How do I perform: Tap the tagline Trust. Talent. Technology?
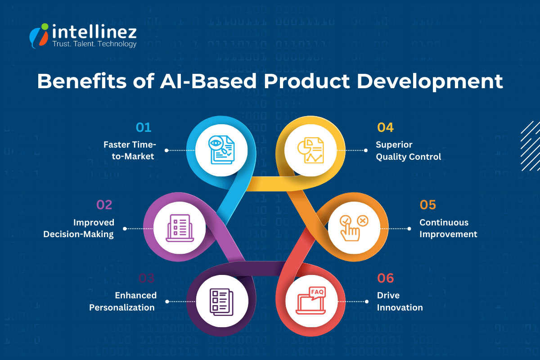pyautogui.click(x=94, y=44)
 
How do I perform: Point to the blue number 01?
pyautogui.click(x=144, y=127)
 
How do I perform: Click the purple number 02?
pyautogui.click(x=104, y=205)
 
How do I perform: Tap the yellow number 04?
pyautogui.click(x=385, y=127)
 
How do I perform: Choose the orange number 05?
pyautogui.click(x=428, y=205)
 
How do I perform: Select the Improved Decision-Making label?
pyautogui.click(x=79, y=228)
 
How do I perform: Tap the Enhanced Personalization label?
pyautogui.click(x=122, y=301)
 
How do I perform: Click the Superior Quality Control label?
pyautogui.click(x=408, y=151)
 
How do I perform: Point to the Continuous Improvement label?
pyautogui.click(x=448, y=228)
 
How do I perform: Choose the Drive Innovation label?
pyautogui.click(x=400, y=301)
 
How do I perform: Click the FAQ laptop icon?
pyautogui.click(x=311, y=301)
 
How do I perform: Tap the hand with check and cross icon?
pyautogui.click(x=353, y=227)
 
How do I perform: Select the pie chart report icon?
pyautogui.click(x=310, y=150)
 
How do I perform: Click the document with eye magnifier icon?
pyautogui.click(x=221, y=150)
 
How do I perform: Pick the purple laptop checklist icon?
pyautogui.click(x=179, y=227)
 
